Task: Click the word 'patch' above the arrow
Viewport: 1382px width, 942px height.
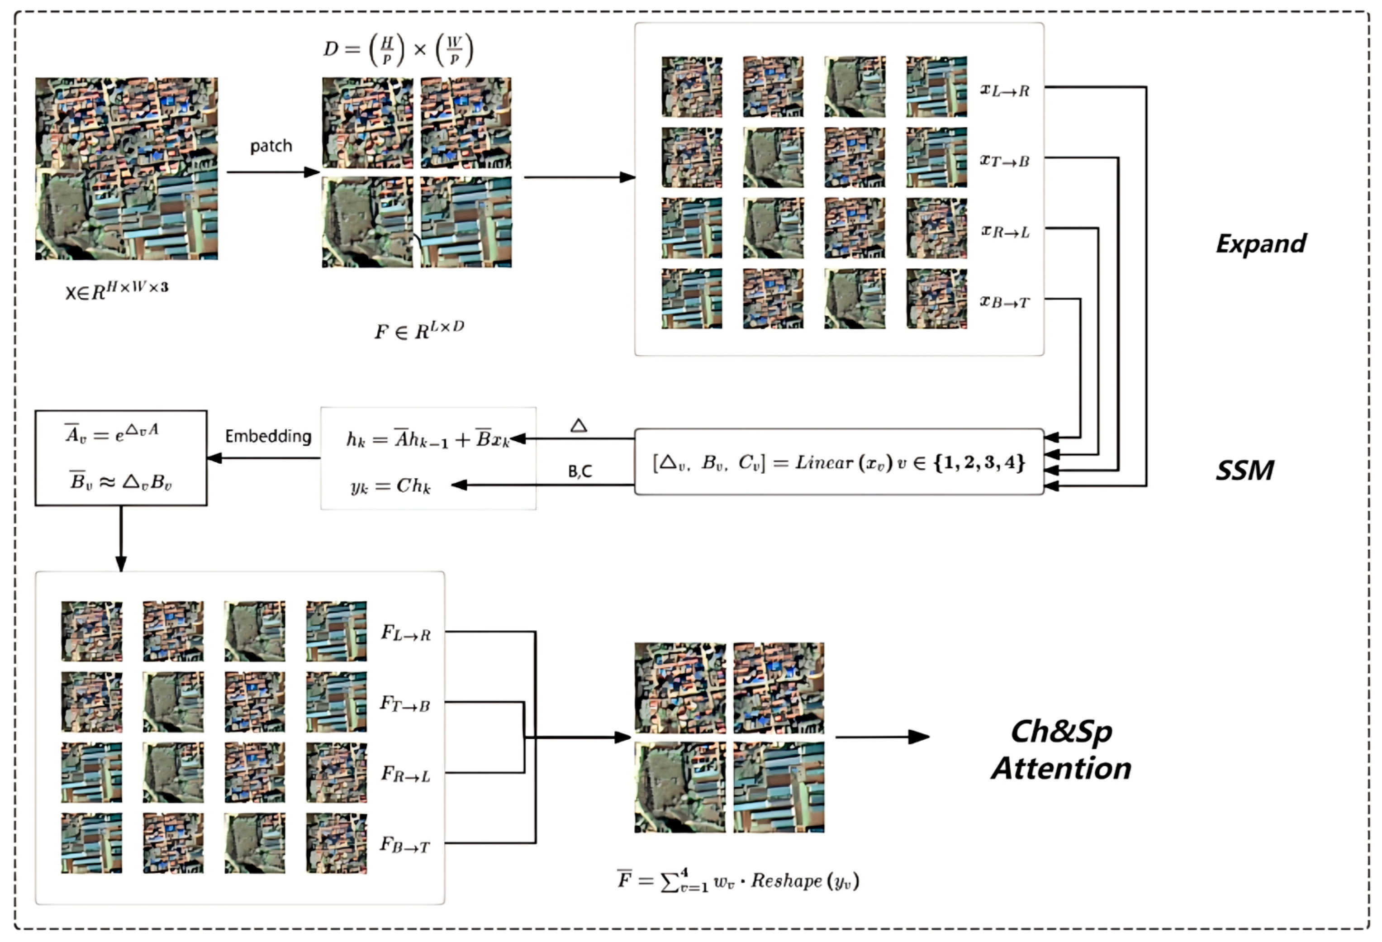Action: click(271, 146)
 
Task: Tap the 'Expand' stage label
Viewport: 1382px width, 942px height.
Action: click(1260, 244)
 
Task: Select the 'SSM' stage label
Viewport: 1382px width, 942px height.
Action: click(1244, 471)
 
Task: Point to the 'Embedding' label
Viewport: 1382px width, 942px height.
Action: click(268, 437)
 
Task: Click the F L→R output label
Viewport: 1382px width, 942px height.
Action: click(406, 634)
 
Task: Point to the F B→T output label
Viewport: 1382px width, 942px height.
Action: click(404, 846)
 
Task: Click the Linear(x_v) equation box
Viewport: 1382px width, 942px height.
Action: click(839, 462)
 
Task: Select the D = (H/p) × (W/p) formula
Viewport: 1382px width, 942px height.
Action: click(399, 50)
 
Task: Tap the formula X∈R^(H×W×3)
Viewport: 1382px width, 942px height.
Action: click(117, 291)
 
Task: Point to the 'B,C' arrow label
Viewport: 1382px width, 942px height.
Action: click(580, 471)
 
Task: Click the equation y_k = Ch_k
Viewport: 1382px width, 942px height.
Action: click(390, 486)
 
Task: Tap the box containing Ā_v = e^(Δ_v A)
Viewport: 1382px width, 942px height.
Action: click(121, 458)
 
